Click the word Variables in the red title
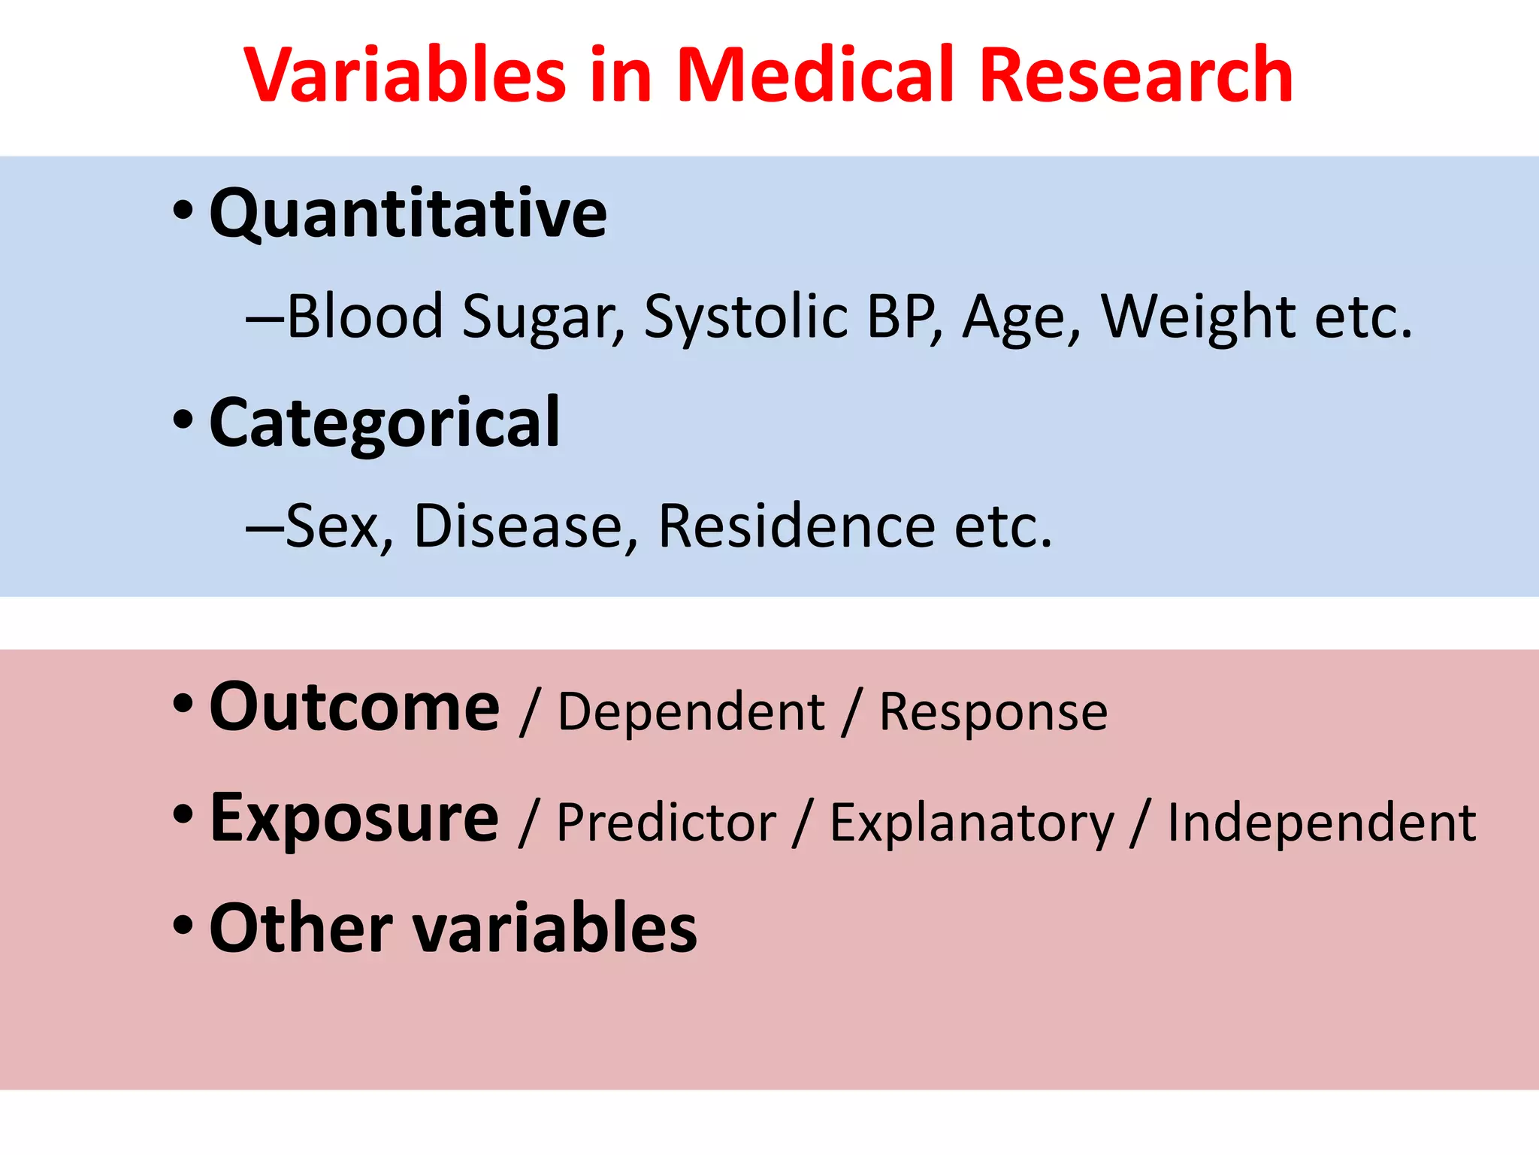[406, 75]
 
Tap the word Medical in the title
[815, 75]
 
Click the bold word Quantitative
[408, 214]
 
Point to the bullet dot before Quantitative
[183, 210]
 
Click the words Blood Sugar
[455, 317]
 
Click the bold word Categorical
[384, 423]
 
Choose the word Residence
[797, 526]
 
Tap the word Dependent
[691, 711]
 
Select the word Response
[993, 711]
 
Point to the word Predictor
[666, 823]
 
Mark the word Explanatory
[972, 823]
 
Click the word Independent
[1321, 823]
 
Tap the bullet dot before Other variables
[183, 925]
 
